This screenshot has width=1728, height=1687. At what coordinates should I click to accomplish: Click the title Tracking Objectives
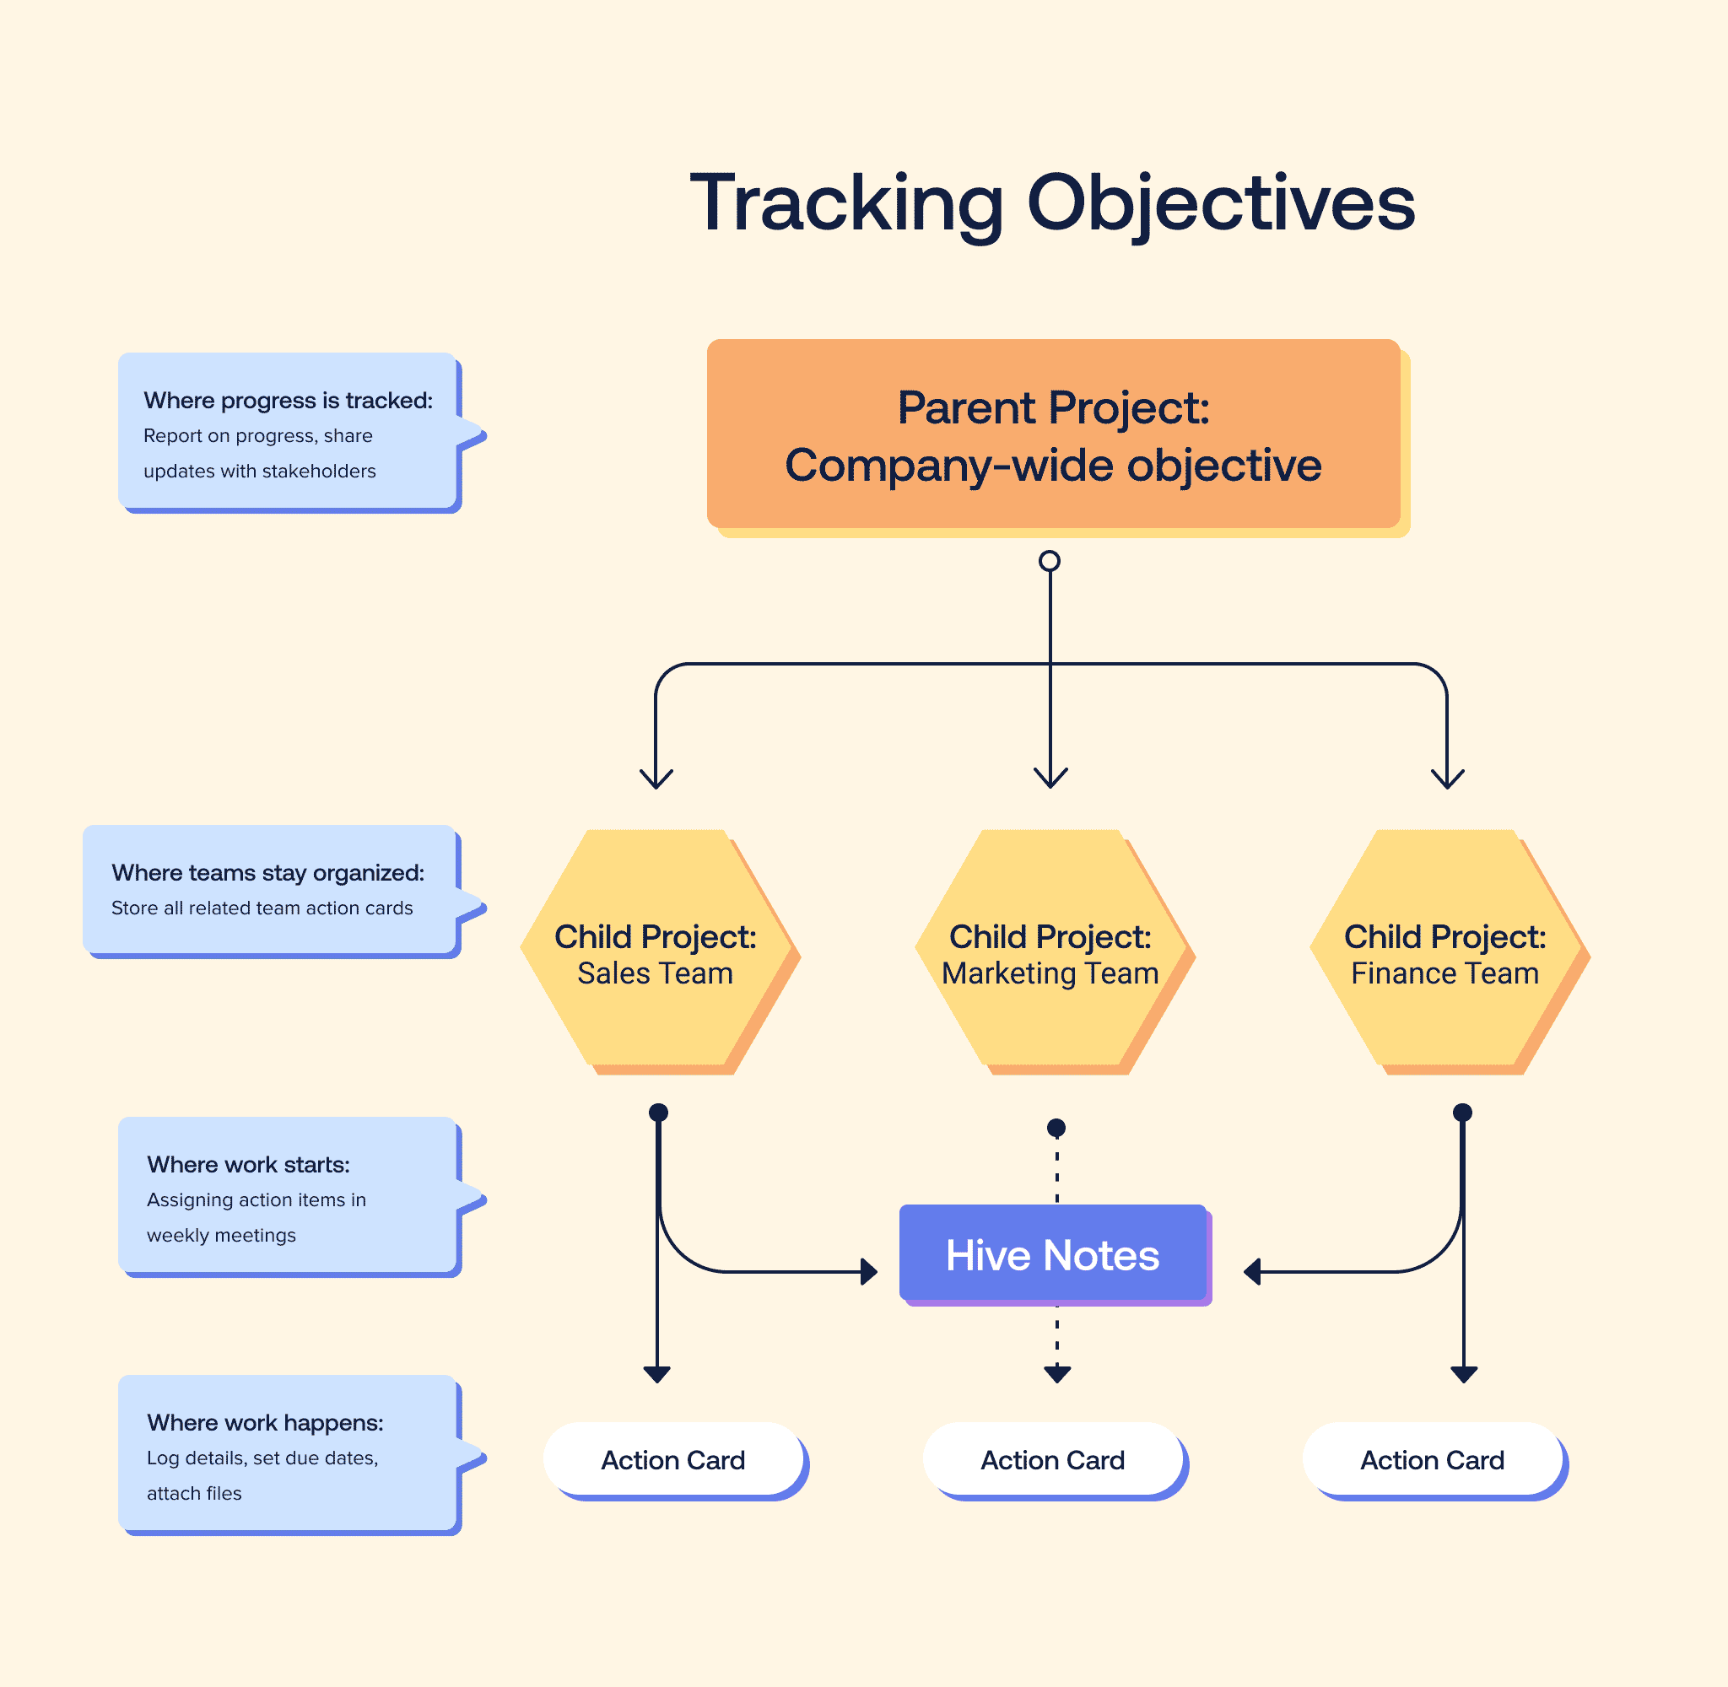tap(1052, 204)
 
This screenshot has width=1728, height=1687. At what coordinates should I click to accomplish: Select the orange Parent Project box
tap(1053, 434)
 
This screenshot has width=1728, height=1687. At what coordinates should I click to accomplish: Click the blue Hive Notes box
tap(1053, 1253)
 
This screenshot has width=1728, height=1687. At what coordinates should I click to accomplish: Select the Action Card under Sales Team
tap(672, 1459)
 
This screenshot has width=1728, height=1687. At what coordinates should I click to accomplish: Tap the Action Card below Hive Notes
tap(1053, 1459)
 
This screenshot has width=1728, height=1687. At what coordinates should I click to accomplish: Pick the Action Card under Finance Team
tap(1432, 1459)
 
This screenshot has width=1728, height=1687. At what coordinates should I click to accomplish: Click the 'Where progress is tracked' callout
tap(288, 432)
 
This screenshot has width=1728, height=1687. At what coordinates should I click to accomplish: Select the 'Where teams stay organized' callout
tap(270, 890)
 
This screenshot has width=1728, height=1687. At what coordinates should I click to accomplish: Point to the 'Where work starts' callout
tap(288, 1196)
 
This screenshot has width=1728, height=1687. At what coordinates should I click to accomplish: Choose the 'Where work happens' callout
tap(288, 1454)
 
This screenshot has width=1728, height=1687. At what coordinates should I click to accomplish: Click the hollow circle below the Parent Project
tap(1050, 561)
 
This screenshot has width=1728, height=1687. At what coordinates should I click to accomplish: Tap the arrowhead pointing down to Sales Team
tap(656, 779)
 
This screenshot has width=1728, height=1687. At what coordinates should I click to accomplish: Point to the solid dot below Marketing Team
tap(1056, 1128)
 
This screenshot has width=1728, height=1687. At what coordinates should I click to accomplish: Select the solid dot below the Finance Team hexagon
tap(1463, 1112)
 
